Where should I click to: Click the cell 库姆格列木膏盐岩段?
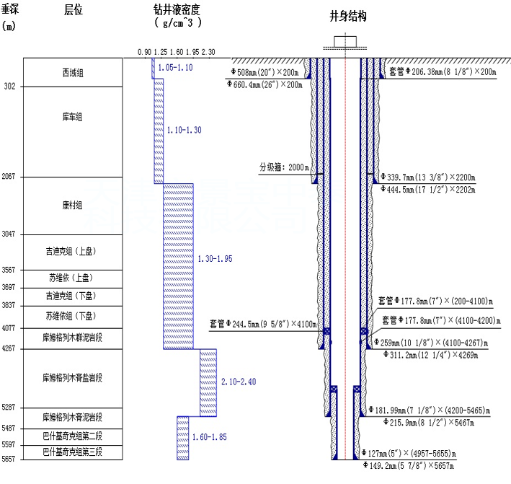pos(72,377)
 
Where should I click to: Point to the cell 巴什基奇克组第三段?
pos(72,452)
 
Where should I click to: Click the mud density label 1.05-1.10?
pos(175,67)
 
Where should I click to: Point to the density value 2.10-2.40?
pos(239,380)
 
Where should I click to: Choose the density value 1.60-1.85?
pos(210,437)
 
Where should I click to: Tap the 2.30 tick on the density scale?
pos(208,52)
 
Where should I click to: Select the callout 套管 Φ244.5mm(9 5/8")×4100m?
pos(262,324)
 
